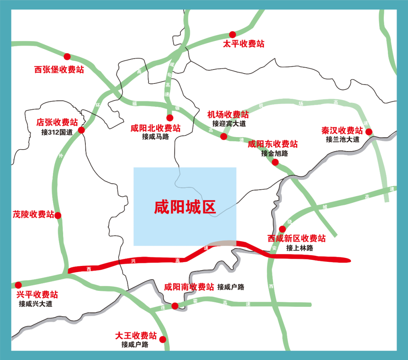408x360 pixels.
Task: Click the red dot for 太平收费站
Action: [x=232, y=34]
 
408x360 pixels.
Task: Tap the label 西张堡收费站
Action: [x=59, y=70]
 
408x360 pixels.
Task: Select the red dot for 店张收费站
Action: [x=81, y=130]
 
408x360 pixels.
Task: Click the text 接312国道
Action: [x=57, y=132]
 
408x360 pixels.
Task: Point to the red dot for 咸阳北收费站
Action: [x=170, y=117]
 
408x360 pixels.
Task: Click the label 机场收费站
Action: [x=228, y=114]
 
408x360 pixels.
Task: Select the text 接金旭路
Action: [x=274, y=153]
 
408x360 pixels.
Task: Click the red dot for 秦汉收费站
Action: [x=369, y=132]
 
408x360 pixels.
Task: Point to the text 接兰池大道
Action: [x=343, y=139]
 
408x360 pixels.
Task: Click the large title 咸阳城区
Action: [x=185, y=207]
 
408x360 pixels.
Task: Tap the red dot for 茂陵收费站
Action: [x=58, y=216]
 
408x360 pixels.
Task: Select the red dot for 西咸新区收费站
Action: [x=282, y=229]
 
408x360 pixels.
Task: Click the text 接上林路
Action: [x=300, y=248]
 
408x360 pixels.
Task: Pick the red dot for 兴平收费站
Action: [x=18, y=285]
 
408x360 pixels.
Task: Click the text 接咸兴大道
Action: [x=36, y=304]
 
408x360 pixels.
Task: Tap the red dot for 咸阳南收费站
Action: [x=175, y=306]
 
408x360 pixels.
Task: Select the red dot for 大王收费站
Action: [x=163, y=339]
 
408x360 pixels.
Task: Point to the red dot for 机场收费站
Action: [x=224, y=136]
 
